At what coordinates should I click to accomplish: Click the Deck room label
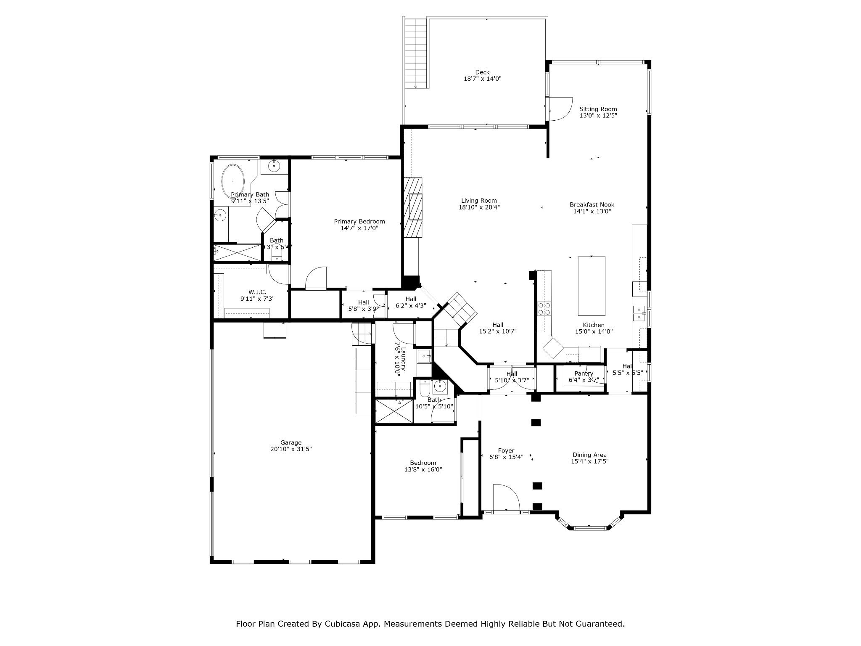(482, 72)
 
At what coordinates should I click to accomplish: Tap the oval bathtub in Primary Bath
(233, 182)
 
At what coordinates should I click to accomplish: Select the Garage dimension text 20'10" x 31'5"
(291, 449)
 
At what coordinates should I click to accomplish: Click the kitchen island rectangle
(592, 286)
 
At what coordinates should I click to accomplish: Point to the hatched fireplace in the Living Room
(413, 208)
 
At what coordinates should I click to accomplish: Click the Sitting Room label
(598, 109)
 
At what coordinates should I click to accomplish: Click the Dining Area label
(589, 455)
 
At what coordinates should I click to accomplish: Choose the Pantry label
(584, 373)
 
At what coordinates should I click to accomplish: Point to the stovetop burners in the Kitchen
(544, 309)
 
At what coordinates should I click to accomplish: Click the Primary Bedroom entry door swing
(316, 278)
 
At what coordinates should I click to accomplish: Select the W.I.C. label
(257, 292)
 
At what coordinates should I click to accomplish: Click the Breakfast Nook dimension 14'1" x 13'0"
(592, 212)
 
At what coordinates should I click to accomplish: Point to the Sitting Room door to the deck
(561, 109)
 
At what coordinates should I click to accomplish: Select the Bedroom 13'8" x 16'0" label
(423, 463)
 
